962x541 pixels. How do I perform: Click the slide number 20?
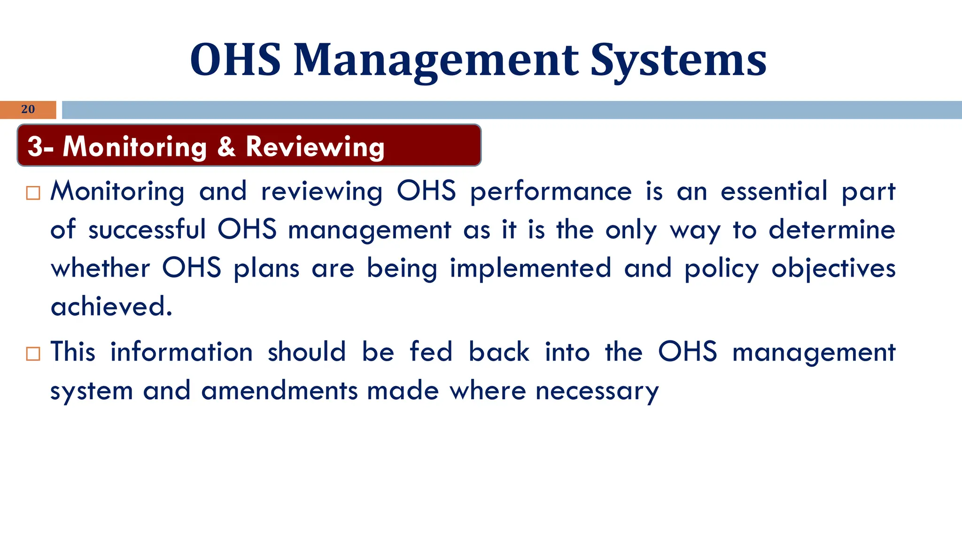tap(28, 109)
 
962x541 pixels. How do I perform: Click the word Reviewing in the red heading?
tap(315, 147)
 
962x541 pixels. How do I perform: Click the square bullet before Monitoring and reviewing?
tap(33, 193)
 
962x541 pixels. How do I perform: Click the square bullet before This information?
tap(33, 354)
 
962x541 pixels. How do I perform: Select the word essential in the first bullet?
tap(774, 191)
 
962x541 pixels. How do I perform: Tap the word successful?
tap(147, 230)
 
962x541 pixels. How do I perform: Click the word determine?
tap(832, 230)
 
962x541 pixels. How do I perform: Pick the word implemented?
tap(531, 268)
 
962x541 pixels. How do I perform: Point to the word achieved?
tap(111, 307)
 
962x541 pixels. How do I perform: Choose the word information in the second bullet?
tap(181, 352)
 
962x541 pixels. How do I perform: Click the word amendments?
tap(279, 391)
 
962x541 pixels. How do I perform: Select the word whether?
tap(101, 268)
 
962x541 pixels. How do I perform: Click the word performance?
tap(551, 192)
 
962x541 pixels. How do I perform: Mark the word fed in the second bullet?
tap(431, 352)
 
